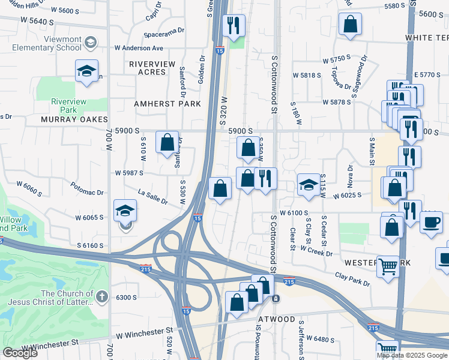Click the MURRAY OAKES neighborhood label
pyautogui.click(x=74, y=119)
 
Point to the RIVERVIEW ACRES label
pyautogui.click(x=152, y=68)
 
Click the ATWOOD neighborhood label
pyautogui.click(x=276, y=319)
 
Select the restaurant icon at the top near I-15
pyautogui.click(x=234, y=25)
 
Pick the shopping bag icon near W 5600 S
pyautogui.click(x=350, y=25)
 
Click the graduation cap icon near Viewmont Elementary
pyautogui.click(x=86, y=70)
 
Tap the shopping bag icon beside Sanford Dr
pyautogui.click(x=167, y=143)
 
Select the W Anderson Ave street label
pyautogui.click(x=139, y=48)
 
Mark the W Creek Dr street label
pyautogui.click(x=316, y=251)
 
